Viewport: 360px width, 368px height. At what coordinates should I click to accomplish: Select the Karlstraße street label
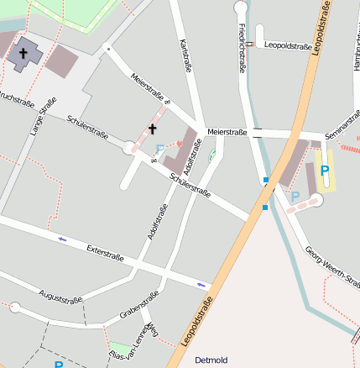pos(185,55)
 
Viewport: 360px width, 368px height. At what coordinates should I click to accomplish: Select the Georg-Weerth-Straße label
pos(332,265)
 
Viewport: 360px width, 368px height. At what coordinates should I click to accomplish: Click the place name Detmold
pos(211,360)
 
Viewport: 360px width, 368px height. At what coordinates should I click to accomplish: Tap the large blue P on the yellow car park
pos(325,171)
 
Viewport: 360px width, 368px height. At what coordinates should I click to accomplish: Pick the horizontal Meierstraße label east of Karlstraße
pos(227,132)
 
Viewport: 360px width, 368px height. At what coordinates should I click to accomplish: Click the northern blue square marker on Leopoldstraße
pos(265,180)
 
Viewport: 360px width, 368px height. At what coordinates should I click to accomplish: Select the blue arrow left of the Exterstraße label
pos(62,239)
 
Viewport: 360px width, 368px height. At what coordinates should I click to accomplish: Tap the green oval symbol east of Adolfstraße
pos(211,154)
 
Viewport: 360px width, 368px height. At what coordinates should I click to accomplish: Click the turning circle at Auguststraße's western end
pos(14,308)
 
